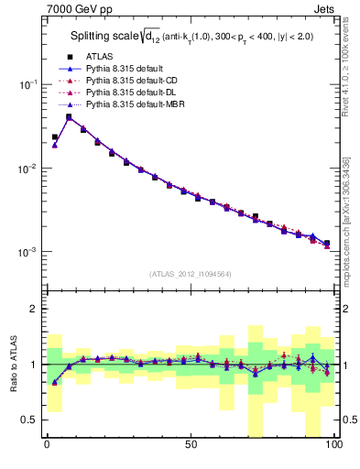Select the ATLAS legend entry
[96, 56]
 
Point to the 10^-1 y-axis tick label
[27, 84]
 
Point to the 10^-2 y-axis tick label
[27, 169]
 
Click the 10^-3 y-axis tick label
[27, 252]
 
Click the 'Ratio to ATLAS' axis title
[14, 364]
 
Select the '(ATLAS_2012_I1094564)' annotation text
[190, 274]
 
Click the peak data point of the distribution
[69, 116]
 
